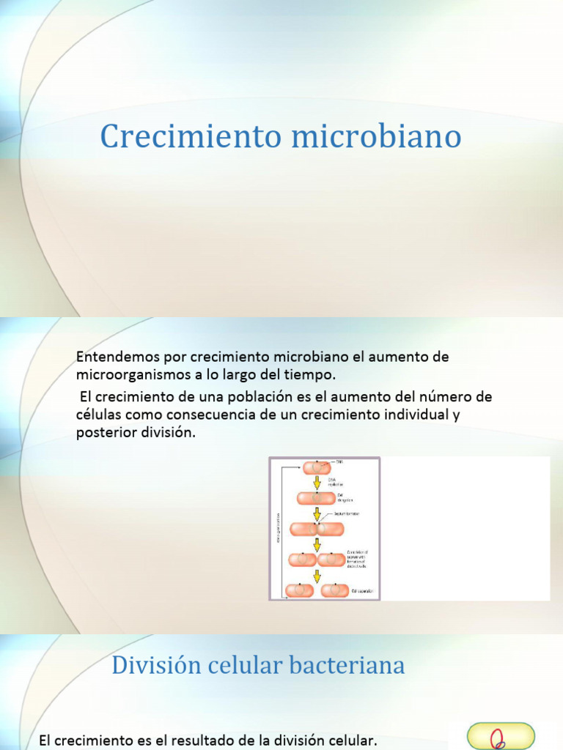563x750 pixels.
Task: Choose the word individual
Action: tap(423, 415)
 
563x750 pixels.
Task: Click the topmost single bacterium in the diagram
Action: tap(317, 467)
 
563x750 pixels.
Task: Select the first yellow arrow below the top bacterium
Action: tap(317, 483)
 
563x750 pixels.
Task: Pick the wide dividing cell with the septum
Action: tap(317, 529)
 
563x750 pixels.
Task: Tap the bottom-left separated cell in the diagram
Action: tap(300, 590)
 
